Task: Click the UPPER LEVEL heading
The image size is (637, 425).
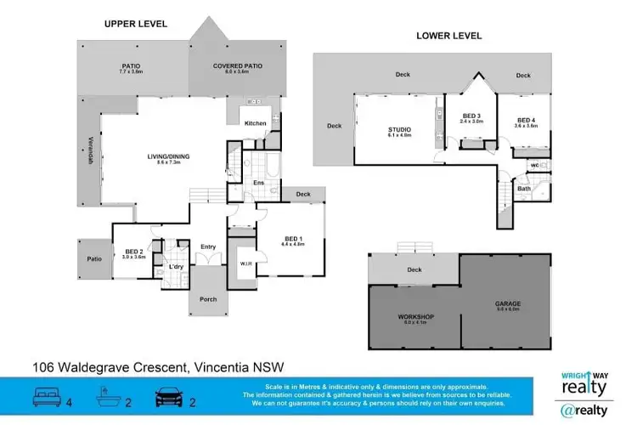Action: pos(136,24)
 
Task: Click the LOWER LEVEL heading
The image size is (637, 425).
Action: pos(448,36)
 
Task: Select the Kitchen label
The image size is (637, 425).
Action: pos(256,123)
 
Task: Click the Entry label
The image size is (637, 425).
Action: pos(208,247)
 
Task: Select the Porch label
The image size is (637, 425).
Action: pos(208,299)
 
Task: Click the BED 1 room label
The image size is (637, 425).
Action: pos(292,241)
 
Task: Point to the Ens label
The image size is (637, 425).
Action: pos(258,183)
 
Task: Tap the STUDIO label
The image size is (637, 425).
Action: pos(399,131)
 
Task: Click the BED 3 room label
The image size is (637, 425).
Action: pos(472,118)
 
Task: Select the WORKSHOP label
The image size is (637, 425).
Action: pos(415,318)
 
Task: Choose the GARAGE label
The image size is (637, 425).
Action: pos(508,304)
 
